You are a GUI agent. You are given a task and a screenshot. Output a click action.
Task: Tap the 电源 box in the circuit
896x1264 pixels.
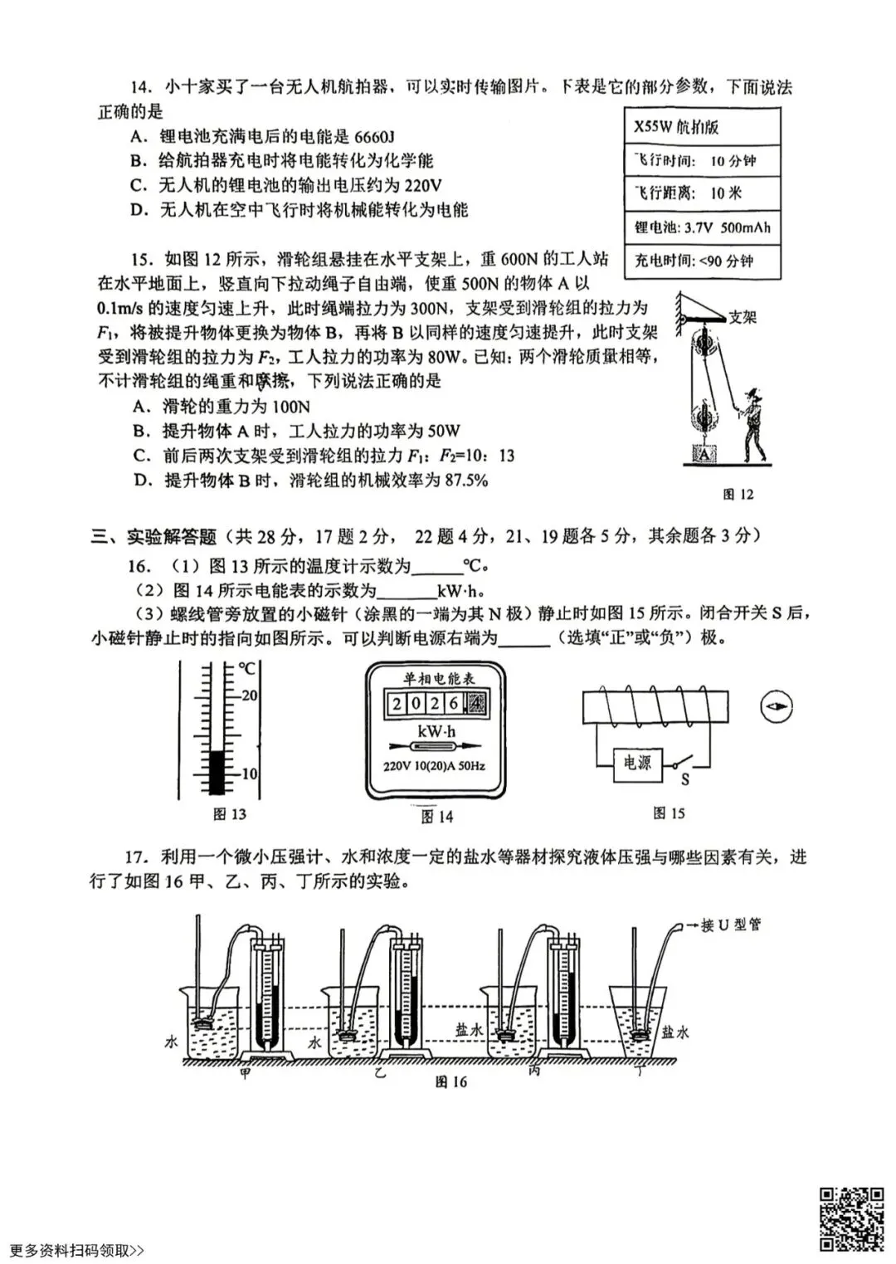637,763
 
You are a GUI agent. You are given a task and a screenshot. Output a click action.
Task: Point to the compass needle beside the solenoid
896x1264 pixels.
776,707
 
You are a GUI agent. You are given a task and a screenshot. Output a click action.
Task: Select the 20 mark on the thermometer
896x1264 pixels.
249,695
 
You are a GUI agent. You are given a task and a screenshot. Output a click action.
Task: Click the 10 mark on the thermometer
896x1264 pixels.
249,774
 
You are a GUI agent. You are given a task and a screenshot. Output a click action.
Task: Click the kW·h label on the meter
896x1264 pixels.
436,732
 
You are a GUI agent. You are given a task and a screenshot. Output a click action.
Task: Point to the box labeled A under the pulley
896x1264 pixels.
704,454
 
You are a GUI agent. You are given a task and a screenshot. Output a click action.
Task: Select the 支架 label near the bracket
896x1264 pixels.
743,316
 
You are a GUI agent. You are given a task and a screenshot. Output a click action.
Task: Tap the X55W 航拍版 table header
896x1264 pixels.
676,127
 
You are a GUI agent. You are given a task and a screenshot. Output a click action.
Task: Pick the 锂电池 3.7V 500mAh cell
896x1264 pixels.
702,227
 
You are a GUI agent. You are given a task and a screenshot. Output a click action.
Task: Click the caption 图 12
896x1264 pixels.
738,495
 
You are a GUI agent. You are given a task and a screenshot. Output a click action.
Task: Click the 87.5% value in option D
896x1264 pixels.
468,481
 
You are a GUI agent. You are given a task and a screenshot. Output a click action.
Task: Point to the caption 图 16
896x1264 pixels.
450,1082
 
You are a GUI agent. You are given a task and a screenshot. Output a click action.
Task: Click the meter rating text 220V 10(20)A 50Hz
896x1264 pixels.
434,765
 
